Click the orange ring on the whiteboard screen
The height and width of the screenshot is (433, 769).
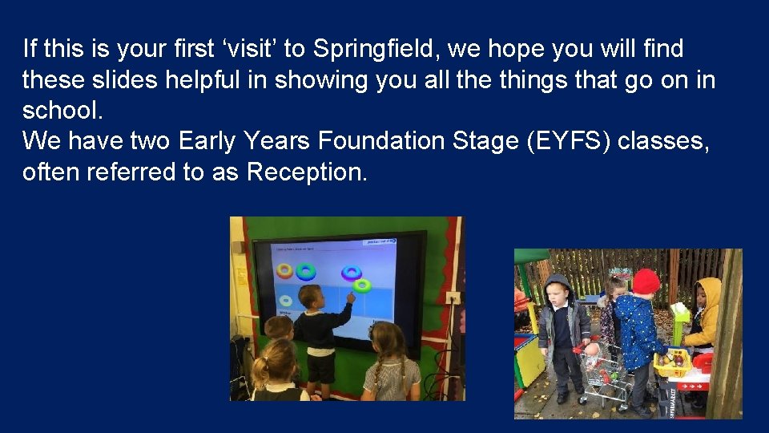point(285,270)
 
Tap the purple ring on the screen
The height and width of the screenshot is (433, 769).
point(349,273)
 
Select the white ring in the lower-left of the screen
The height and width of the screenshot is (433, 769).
point(286,301)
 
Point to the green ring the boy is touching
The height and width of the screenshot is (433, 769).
point(362,285)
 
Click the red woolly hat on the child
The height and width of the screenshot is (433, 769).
point(646,281)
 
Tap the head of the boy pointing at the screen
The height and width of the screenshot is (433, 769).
point(310,297)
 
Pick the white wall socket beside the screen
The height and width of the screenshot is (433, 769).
point(453,298)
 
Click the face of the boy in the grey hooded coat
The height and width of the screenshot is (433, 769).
point(558,291)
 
